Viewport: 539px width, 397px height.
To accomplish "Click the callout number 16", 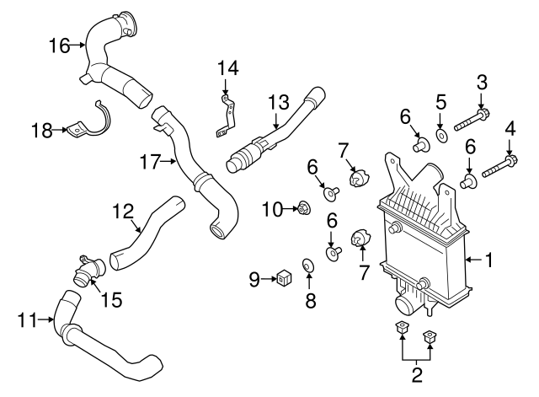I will point(58,46).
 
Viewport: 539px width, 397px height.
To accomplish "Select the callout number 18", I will point(40,130).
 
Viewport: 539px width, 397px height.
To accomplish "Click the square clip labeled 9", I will point(284,276).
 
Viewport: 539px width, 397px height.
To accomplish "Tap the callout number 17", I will point(150,162).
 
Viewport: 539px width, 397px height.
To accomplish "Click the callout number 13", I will point(278,103).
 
